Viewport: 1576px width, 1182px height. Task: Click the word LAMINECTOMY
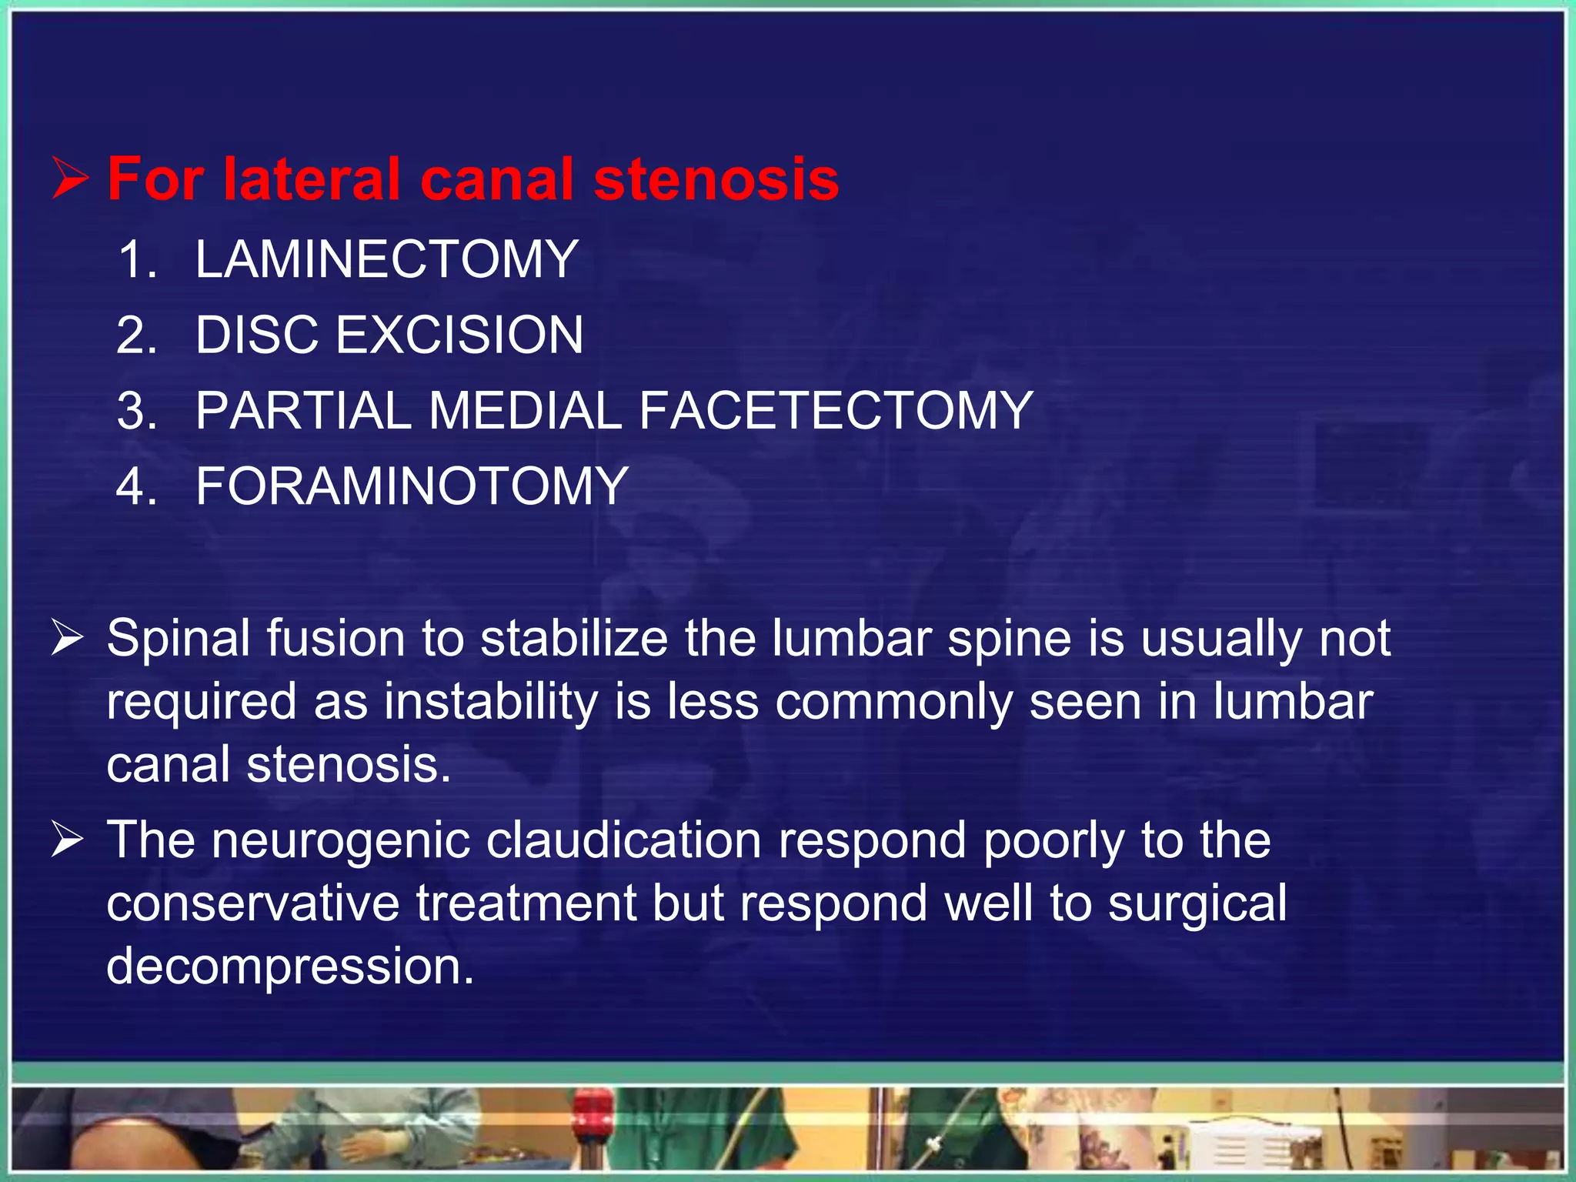tap(386, 259)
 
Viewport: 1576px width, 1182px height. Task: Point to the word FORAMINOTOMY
tap(412, 486)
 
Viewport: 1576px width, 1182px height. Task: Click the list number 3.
tap(137, 410)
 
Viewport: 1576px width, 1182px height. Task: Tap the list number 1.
tap(137, 259)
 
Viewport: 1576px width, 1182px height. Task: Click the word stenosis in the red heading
tap(716, 179)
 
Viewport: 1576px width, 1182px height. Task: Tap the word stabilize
tap(574, 639)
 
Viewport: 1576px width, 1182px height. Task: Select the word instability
tap(491, 702)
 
